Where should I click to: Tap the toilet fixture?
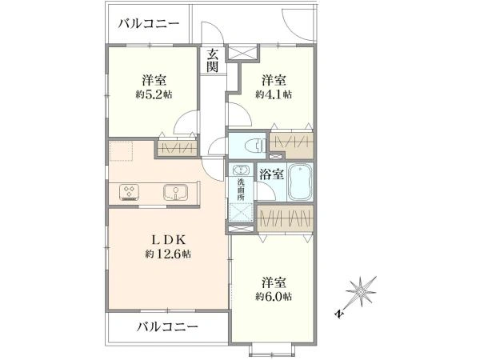(251, 146)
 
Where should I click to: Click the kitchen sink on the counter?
(175, 192)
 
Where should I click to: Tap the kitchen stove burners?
(130, 192)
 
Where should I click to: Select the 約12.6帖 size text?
(168, 254)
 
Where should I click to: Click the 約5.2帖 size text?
(154, 94)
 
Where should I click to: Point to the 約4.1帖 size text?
(274, 94)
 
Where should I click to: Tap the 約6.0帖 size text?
(274, 297)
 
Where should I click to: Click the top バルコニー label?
(148, 23)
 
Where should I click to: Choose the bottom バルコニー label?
(166, 326)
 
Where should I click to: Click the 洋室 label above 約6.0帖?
(274, 282)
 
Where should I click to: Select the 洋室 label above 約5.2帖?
(154, 80)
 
